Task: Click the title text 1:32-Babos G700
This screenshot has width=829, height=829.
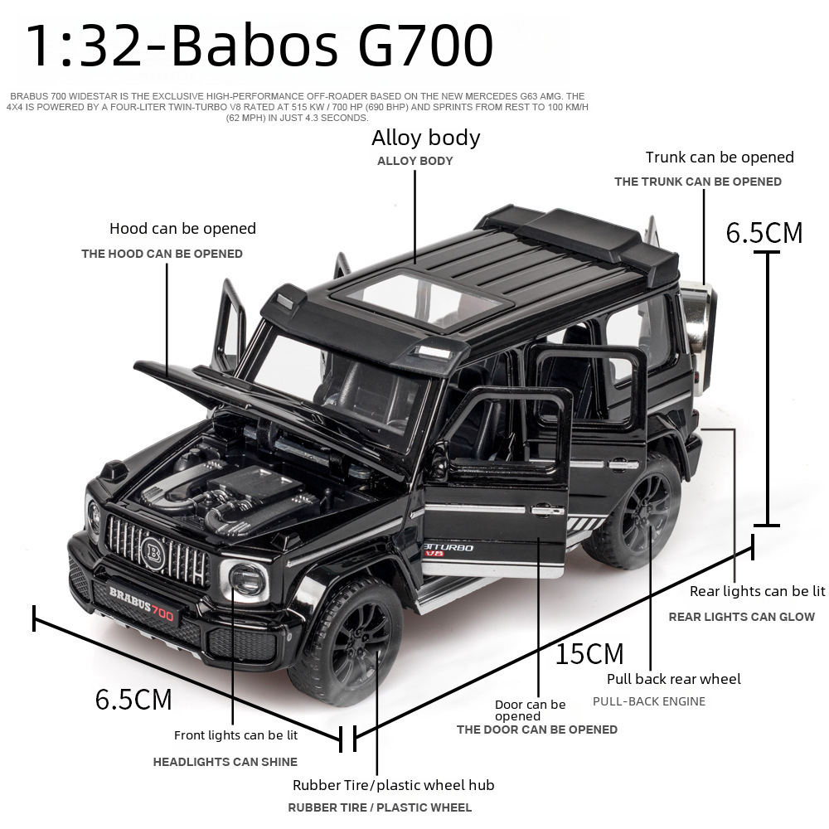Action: click(259, 46)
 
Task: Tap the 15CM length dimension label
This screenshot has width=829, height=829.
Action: click(589, 653)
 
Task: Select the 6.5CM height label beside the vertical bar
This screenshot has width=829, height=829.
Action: click(764, 233)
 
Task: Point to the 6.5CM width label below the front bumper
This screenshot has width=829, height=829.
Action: click(133, 699)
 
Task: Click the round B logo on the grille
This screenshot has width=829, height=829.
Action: click(153, 554)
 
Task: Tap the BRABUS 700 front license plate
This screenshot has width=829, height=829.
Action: click(142, 604)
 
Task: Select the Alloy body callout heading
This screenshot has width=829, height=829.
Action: click(425, 138)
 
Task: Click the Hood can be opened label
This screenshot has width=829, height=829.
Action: click(182, 229)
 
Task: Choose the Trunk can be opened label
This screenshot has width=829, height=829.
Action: click(720, 157)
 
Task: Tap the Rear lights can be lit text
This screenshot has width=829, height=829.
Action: click(757, 591)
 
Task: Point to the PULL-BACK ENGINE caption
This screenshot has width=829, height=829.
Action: click(649, 701)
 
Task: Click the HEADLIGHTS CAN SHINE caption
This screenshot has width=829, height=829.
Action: click(225, 762)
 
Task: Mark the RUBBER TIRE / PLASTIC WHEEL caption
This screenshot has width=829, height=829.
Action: click(380, 807)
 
